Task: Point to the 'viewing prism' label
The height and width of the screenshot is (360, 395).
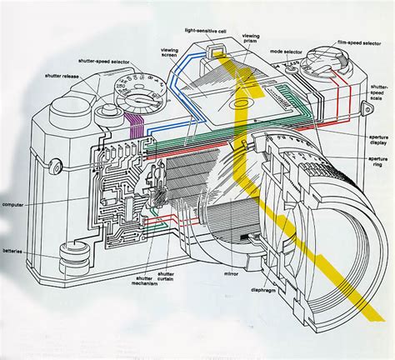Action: [x=252, y=39]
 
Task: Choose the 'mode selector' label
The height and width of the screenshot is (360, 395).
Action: [x=286, y=49]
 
